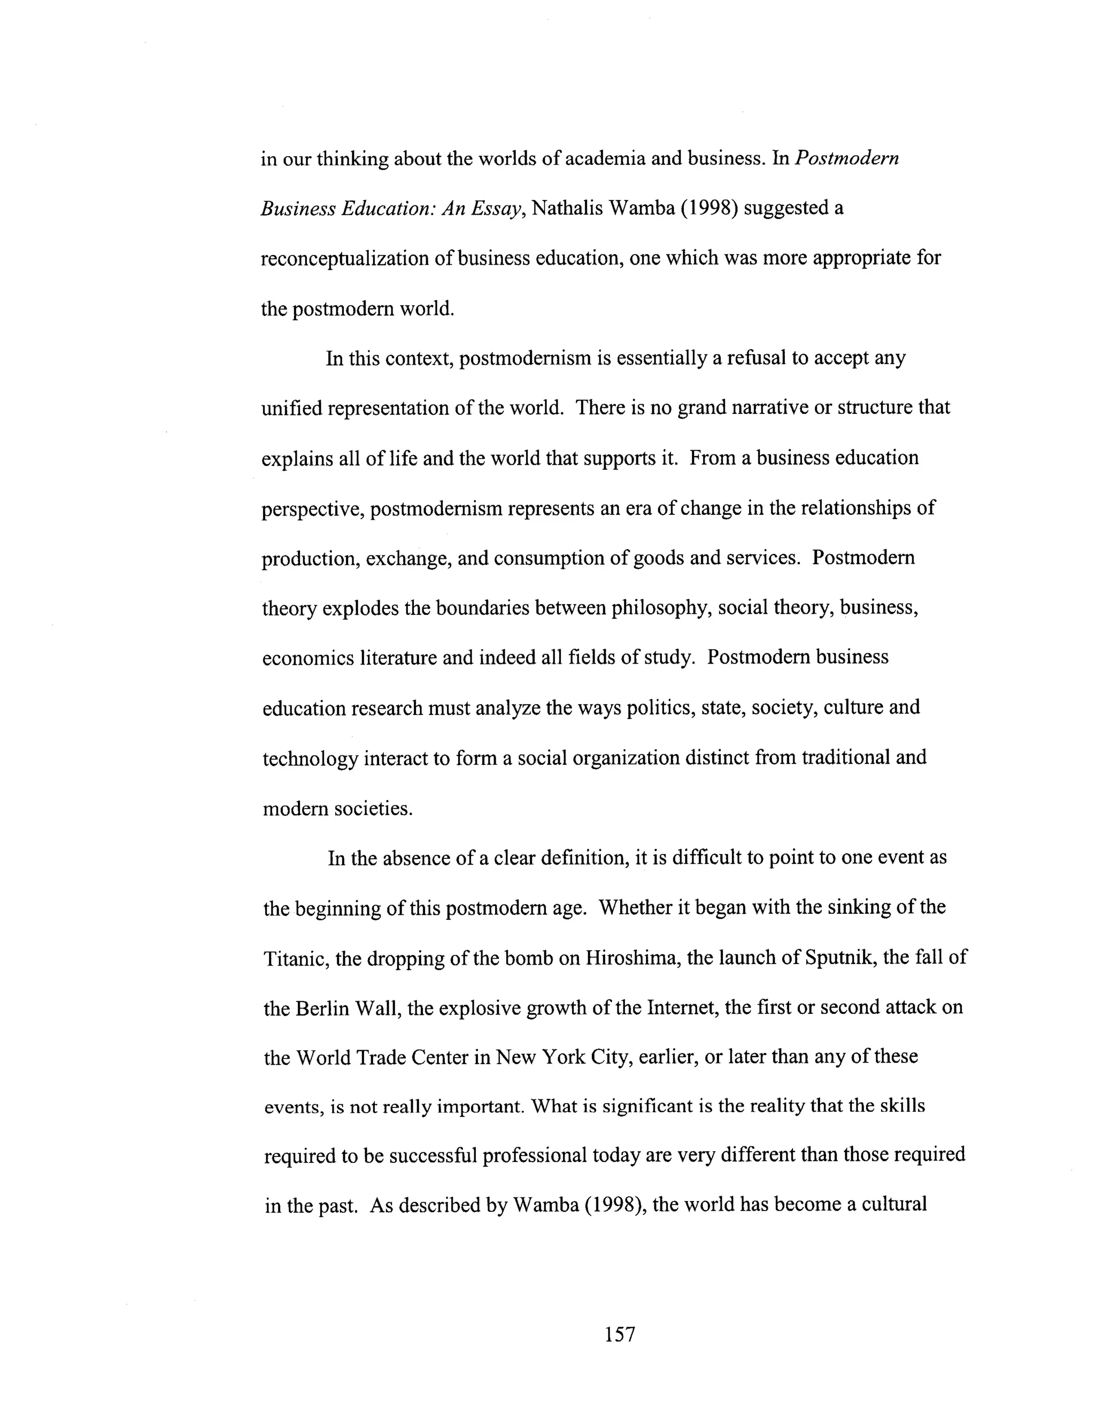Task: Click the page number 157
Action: tap(620, 1334)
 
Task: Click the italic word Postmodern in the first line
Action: tap(846, 159)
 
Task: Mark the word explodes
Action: tap(360, 608)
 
